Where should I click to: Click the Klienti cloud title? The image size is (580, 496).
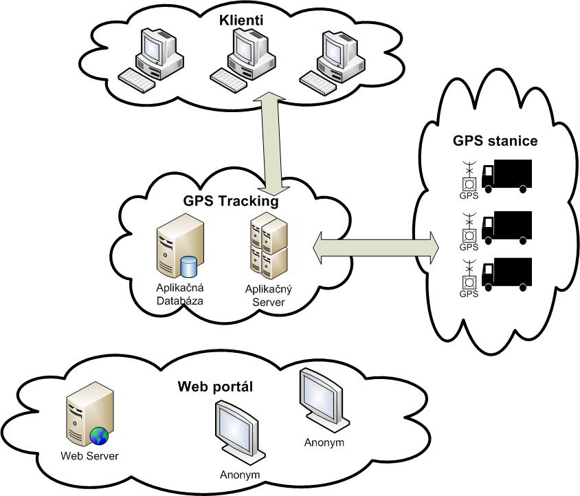241,20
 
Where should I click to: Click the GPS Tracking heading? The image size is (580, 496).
230,202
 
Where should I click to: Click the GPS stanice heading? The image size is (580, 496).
495,141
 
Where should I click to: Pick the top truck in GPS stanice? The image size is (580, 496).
507,175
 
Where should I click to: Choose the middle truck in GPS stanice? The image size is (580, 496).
507,226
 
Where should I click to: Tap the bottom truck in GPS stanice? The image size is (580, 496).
507,274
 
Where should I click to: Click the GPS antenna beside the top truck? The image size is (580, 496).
469,177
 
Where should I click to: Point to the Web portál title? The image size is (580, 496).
215,386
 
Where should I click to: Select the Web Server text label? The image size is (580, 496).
89,455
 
